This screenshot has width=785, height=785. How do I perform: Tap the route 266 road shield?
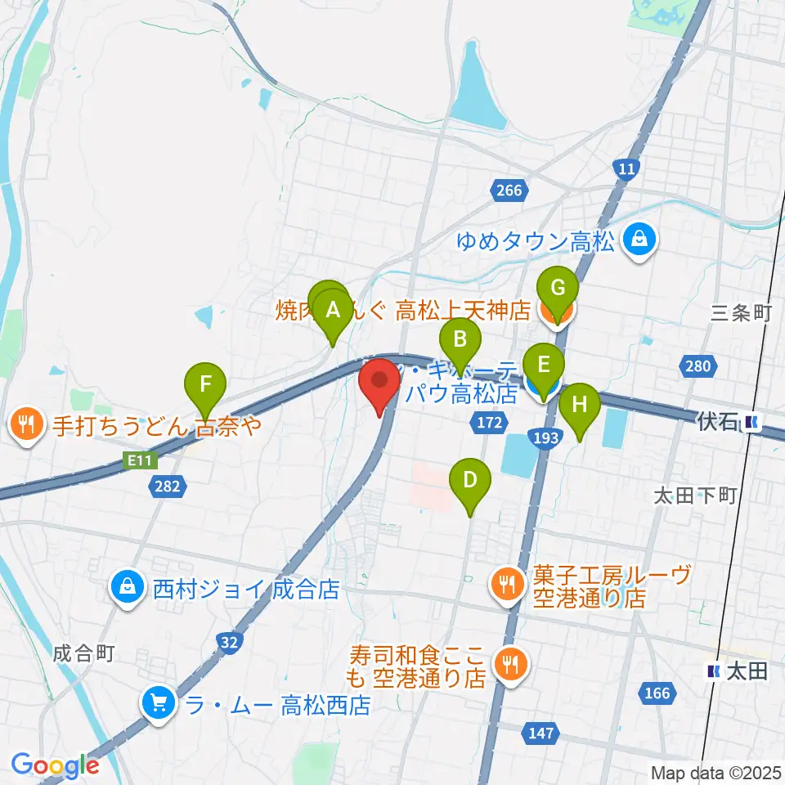coord(508,191)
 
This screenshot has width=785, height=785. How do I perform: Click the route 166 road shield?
coord(657,693)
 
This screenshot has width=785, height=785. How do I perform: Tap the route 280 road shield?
coord(698,366)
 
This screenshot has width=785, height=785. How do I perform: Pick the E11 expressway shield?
coord(139,460)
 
